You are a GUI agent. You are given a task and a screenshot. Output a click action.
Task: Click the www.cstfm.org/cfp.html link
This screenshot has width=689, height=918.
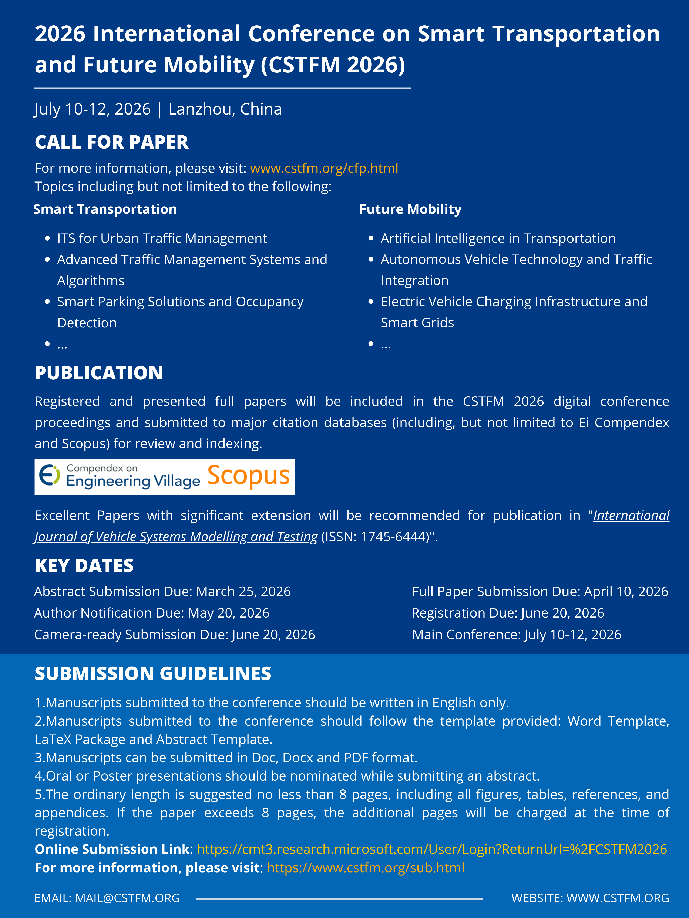pyautogui.click(x=324, y=168)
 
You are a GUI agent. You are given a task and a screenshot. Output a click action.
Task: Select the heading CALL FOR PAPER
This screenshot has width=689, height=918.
pyautogui.click(x=111, y=142)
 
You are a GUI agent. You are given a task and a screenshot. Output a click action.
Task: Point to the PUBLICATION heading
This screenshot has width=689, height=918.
pyautogui.click(x=99, y=373)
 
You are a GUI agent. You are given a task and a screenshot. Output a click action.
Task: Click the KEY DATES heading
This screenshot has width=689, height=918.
pyautogui.click(x=84, y=566)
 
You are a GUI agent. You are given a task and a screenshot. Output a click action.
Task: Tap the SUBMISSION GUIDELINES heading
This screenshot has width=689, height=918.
pyautogui.click(x=153, y=674)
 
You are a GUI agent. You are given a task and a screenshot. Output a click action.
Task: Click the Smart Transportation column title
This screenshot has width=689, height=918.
pyautogui.click(x=105, y=209)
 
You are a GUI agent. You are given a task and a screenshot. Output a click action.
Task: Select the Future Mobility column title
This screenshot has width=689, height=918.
pyautogui.click(x=410, y=209)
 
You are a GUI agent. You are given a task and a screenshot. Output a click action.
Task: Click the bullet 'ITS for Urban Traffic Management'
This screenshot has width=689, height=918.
pyautogui.click(x=162, y=238)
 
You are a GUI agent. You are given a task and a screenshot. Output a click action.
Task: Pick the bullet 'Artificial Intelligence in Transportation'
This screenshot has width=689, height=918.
pyautogui.click(x=498, y=238)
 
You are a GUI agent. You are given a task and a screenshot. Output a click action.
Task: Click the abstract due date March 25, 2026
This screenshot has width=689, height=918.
pyautogui.click(x=243, y=591)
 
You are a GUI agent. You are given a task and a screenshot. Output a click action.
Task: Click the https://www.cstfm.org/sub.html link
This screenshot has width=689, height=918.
pyautogui.click(x=366, y=868)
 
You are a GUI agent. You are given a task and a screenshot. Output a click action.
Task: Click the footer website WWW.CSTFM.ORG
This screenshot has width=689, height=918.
pyautogui.click(x=618, y=898)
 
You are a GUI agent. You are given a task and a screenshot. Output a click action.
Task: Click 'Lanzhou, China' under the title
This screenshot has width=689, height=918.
pyautogui.click(x=225, y=109)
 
